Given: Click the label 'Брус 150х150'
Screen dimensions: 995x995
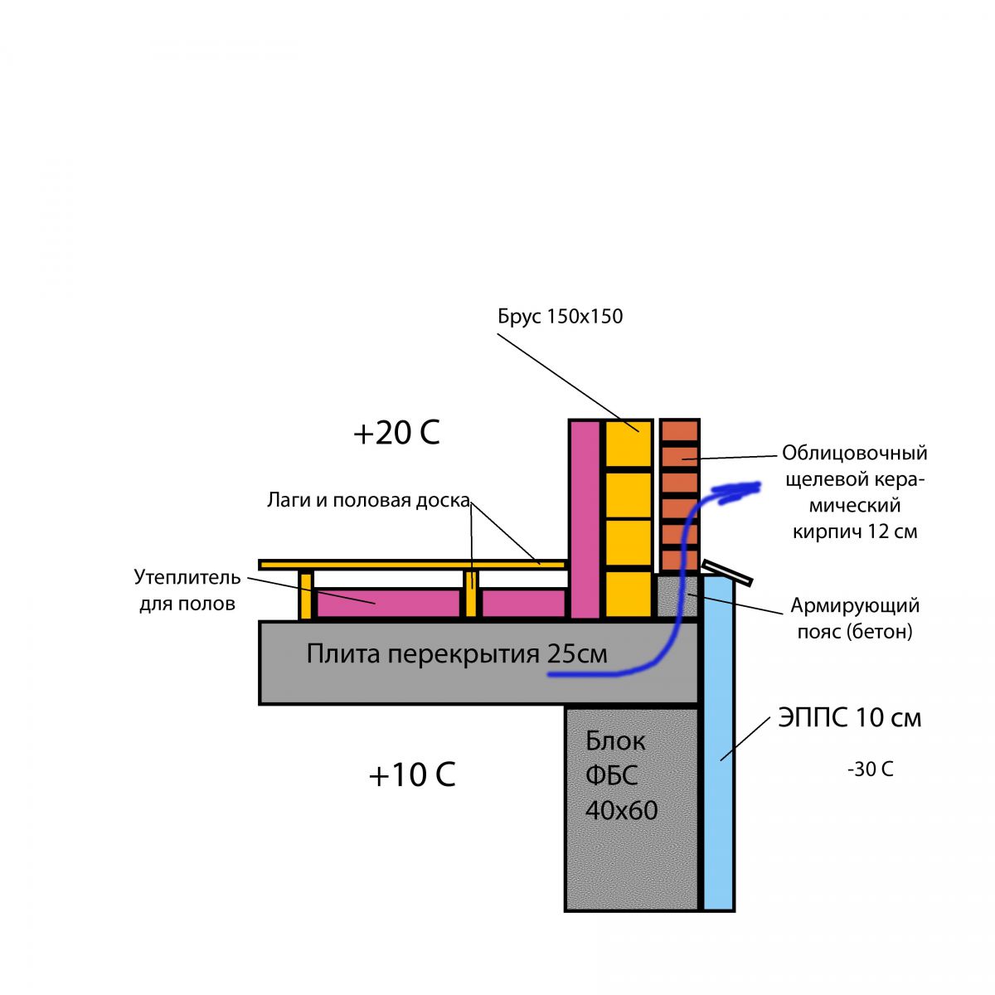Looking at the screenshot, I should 560,316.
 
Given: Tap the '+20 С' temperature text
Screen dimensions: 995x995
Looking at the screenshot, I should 396,433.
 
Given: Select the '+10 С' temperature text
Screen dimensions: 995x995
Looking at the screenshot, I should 411,775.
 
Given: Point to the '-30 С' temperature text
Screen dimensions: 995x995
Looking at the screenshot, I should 870,769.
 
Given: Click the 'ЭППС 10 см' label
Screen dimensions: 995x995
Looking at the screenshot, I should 849,717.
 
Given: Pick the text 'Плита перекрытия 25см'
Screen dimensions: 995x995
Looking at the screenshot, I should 457,654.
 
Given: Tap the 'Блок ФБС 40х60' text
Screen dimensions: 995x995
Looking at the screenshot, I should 621,775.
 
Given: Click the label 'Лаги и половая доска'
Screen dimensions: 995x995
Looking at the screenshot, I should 368,500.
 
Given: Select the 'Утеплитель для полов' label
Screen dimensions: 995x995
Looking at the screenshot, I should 187,590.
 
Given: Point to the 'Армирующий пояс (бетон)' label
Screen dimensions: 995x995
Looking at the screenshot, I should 854,619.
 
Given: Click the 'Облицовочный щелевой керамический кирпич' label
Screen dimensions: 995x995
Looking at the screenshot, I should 854,493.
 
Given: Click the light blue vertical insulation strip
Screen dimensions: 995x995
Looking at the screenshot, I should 719,746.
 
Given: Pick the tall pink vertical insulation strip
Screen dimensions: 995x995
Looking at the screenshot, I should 585,518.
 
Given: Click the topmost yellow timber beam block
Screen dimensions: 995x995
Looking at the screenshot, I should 628,445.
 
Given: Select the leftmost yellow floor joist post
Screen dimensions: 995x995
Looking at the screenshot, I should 306,595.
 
